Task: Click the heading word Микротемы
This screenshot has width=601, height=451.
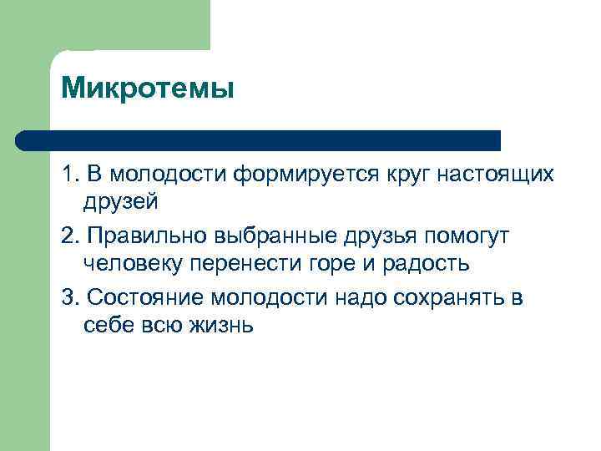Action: click(147, 87)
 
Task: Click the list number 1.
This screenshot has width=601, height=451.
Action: click(68, 175)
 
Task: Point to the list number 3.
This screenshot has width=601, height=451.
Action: click(68, 298)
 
